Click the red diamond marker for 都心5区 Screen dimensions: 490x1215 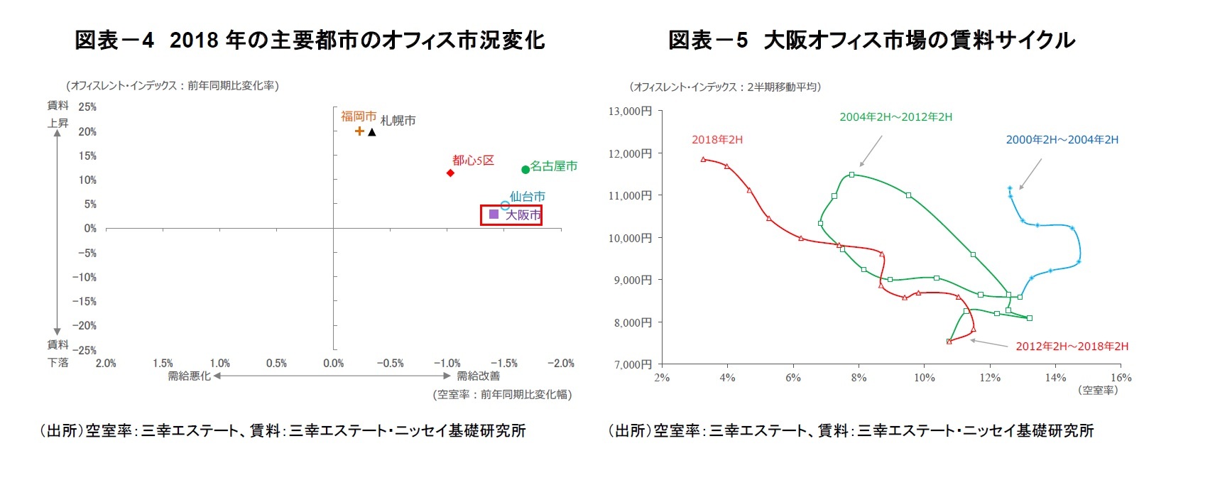pyautogui.click(x=450, y=173)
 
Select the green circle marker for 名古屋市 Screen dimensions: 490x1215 pyautogui.click(x=525, y=169)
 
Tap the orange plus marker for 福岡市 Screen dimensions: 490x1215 pyautogui.click(x=359, y=131)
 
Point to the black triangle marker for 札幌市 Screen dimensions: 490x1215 pyautogui.click(x=372, y=132)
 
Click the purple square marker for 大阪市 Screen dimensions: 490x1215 pyautogui.click(x=494, y=214)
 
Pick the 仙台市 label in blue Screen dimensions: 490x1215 pyautogui.click(x=527, y=196)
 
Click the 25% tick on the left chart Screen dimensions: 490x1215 pyautogui.click(x=87, y=107)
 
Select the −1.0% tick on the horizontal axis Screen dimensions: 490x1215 pyautogui.click(x=447, y=363)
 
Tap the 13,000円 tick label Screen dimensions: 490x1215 pyautogui.click(x=629, y=111)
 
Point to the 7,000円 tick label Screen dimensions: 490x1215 pyautogui.click(x=629, y=364)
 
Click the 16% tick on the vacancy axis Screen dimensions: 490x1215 pyautogui.click(x=1121, y=377)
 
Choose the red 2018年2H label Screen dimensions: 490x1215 pyautogui.click(x=717, y=139)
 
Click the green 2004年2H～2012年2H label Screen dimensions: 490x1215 pyautogui.click(x=895, y=116)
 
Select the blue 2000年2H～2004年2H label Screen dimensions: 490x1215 pyautogui.click(x=1062, y=139)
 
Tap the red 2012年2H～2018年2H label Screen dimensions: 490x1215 pyautogui.click(x=1072, y=346)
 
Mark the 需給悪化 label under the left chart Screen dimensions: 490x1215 pyautogui.click(x=189, y=376)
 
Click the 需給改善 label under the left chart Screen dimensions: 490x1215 pyautogui.click(x=478, y=376)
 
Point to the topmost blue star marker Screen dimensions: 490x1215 pyautogui.click(x=1010, y=188)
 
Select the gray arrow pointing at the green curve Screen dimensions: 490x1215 pyautogui.click(x=871, y=150)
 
